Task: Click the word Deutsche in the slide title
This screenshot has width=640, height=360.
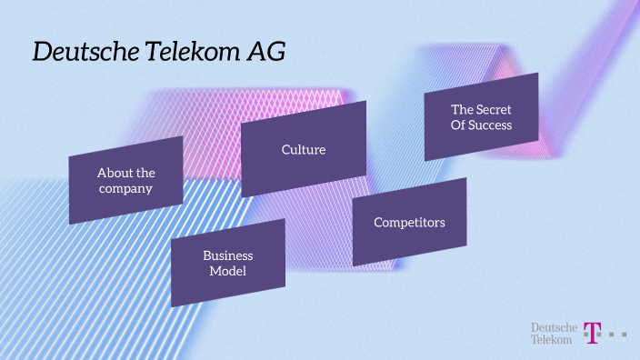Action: [77, 53]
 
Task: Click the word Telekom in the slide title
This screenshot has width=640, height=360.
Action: [182, 53]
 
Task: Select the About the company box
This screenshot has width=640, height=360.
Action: [126, 180]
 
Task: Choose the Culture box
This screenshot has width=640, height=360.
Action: [304, 148]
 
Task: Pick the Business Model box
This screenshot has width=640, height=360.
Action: [228, 263]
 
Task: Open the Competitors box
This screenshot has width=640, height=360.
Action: [409, 222]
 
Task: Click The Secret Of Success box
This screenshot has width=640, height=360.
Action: [481, 116]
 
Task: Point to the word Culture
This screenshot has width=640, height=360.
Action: [304, 149]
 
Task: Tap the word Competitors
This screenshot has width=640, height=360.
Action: [409, 222]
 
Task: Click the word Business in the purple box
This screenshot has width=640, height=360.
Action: [228, 255]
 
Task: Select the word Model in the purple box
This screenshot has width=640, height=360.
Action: [228, 271]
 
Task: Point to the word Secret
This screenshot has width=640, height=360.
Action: [494, 109]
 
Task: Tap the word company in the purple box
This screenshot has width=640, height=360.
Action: [126, 188]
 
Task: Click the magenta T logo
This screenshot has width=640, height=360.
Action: [593, 333]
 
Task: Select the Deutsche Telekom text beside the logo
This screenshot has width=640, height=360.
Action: [552, 333]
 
